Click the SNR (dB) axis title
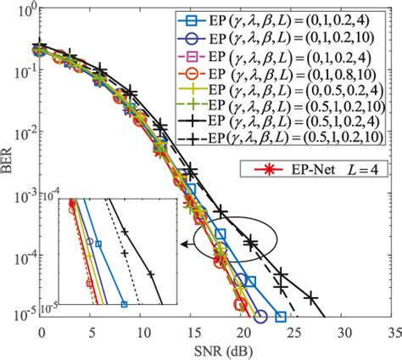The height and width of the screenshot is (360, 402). pyautogui.click(x=216, y=351)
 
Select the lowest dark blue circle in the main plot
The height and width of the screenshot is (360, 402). pyautogui.click(x=261, y=317)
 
